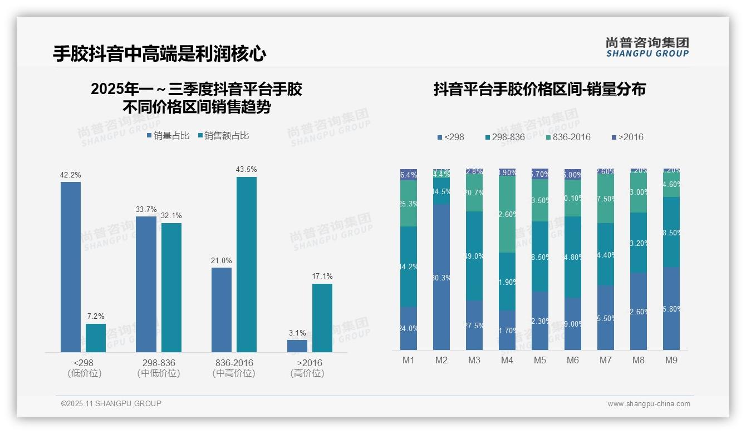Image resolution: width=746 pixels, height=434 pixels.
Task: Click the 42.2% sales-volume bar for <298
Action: tap(71, 267)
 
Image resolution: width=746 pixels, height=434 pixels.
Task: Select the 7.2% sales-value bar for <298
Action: tap(96, 338)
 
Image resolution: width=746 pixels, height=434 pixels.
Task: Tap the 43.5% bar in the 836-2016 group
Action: tap(247, 264)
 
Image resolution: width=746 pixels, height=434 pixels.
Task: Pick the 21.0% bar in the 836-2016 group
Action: tap(222, 310)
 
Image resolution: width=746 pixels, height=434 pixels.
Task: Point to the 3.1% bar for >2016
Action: tap(297, 346)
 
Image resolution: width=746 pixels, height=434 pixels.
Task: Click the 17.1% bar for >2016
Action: tap(322, 318)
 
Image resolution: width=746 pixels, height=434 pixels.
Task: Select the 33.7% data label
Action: tap(146, 210)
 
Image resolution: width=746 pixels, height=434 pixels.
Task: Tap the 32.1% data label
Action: tap(171, 216)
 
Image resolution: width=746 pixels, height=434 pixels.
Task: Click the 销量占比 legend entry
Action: tap(168, 135)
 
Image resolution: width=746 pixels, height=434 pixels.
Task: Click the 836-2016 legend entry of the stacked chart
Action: tap(568, 137)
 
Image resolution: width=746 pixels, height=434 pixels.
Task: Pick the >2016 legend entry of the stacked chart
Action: tap(627, 137)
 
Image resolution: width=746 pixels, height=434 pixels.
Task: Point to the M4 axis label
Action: tap(507, 360)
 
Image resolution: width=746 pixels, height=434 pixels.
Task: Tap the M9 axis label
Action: tap(671, 360)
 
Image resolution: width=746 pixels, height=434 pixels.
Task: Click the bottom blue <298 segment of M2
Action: tap(441, 277)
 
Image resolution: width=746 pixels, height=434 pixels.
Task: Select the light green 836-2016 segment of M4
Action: tap(507, 214)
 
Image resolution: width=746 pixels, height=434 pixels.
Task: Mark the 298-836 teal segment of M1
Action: tap(409, 267)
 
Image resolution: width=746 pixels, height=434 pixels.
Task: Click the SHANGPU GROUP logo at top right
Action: tap(647, 47)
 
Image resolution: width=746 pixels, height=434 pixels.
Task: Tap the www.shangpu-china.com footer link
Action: tap(649, 404)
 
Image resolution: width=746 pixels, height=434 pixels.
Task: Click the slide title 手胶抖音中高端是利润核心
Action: tap(160, 54)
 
